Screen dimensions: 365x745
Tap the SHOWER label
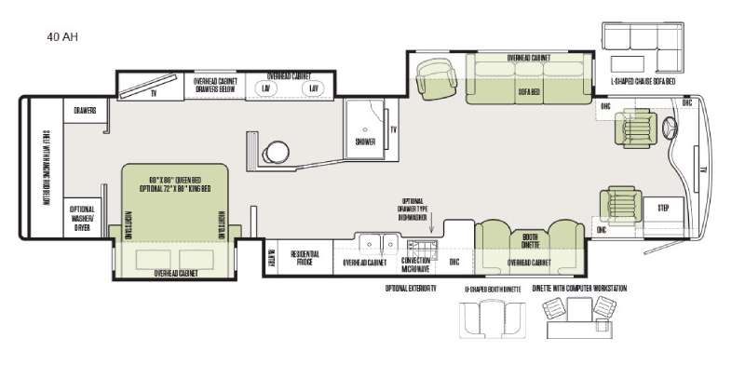point(365,142)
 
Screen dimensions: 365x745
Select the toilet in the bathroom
point(275,151)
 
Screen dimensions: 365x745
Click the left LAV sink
point(266,88)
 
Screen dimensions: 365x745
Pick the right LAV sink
point(314,88)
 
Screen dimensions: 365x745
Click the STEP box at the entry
point(664,207)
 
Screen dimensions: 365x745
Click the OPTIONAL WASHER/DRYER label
point(82,217)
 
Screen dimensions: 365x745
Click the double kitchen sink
point(376,243)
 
